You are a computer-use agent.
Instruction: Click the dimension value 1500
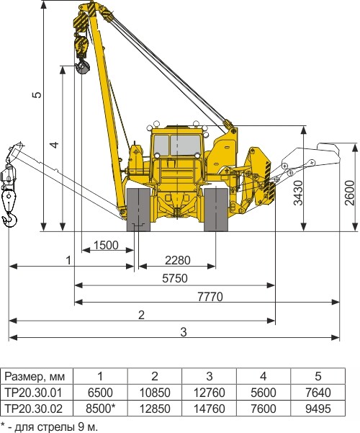pyautogui.click(x=106, y=245)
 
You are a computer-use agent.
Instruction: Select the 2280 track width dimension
pyautogui.click(x=178, y=260)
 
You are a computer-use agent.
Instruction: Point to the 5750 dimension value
pyautogui.click(x=175, y=278)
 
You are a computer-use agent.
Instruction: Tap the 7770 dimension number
pyautogui.click(x=210, y=297)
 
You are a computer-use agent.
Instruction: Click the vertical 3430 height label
pyautogui.click(x=298, y=193)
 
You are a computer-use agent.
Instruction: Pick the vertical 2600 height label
pyautogui.click(x=349, y=193)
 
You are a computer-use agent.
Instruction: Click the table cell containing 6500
pyautogui.click(x=100, y=393)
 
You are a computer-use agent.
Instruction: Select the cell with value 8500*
pyautogui.click(x=100, y=409)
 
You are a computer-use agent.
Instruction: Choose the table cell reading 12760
pyautogui.click(x=210, y=393)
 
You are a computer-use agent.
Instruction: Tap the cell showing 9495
pyautogui.click(x=318, y=409)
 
